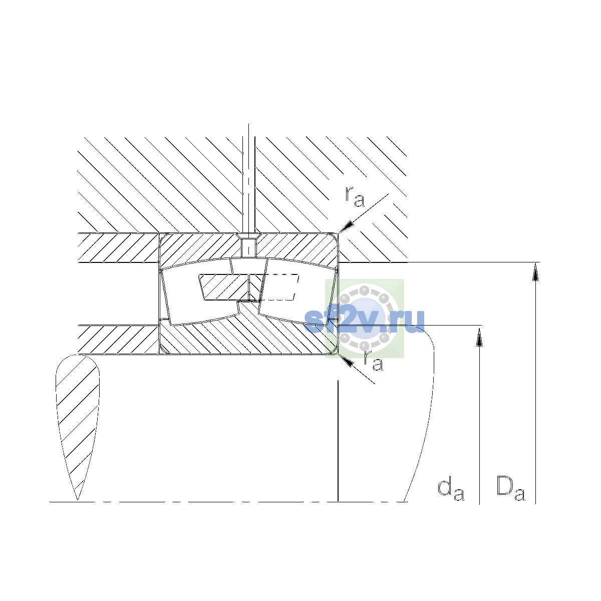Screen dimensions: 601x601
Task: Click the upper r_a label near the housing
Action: [355, 197]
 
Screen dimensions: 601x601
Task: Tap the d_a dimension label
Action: [451, 490]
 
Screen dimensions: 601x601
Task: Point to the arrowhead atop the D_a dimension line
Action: [535, 271]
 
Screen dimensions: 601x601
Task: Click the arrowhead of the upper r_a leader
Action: [347, 226]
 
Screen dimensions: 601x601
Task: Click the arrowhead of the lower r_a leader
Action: [346, 360]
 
